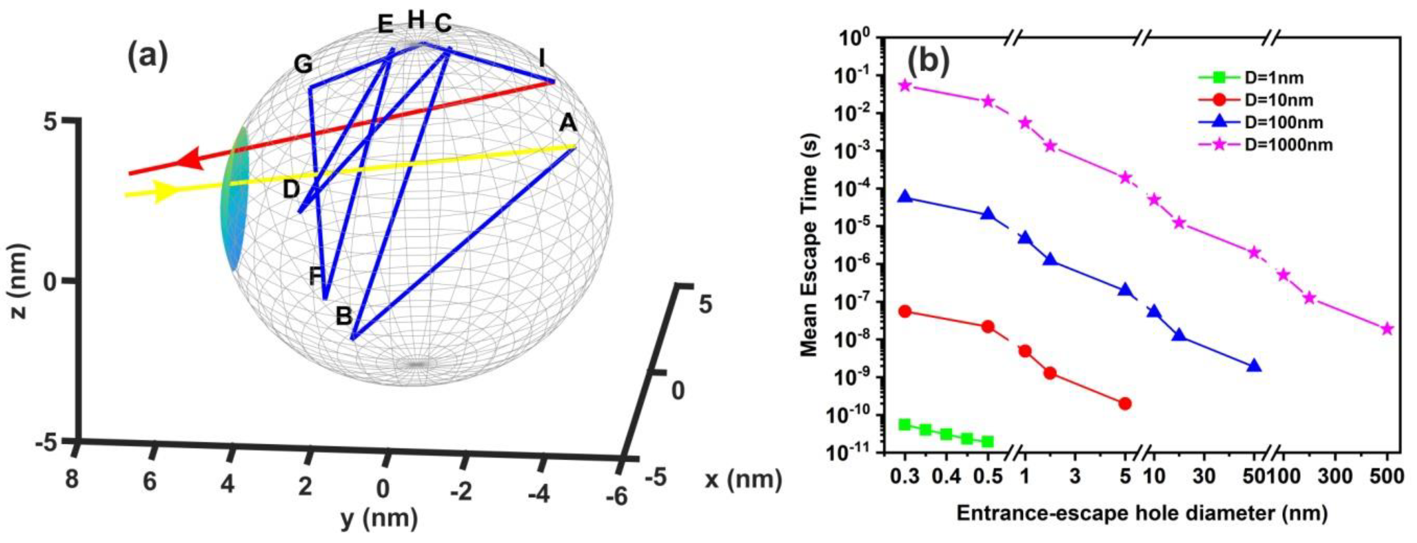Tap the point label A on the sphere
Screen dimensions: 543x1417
[x=568, y=124]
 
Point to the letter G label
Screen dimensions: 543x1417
[x=302, y=65]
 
